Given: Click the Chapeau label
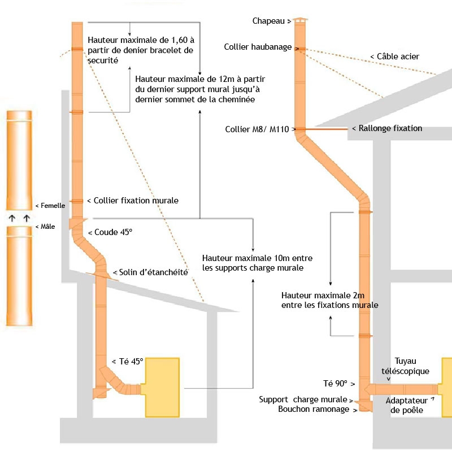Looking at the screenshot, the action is [268, 21].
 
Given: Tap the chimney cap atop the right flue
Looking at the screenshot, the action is [300, 20].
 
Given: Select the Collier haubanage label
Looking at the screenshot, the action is [258, 47].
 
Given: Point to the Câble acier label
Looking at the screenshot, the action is [398, 56].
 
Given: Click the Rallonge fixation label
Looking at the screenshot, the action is [390, 128].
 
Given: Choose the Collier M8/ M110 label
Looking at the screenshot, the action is [257, 129].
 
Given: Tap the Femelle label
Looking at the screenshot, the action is [53, 206].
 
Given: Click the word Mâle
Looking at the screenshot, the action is [47, 227].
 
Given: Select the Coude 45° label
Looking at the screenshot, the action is [114, 232].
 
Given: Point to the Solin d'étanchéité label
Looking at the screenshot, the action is [153, 272].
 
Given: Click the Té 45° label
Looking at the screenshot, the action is [131, 362].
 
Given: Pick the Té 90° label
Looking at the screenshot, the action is [335, 384].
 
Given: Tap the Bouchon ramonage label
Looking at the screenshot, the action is [314, 409].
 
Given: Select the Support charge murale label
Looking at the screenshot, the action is [303, 399].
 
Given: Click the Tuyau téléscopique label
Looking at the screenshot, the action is [405, 366].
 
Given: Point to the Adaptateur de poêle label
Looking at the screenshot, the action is [407, 405].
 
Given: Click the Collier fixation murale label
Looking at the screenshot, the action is [136, 201].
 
